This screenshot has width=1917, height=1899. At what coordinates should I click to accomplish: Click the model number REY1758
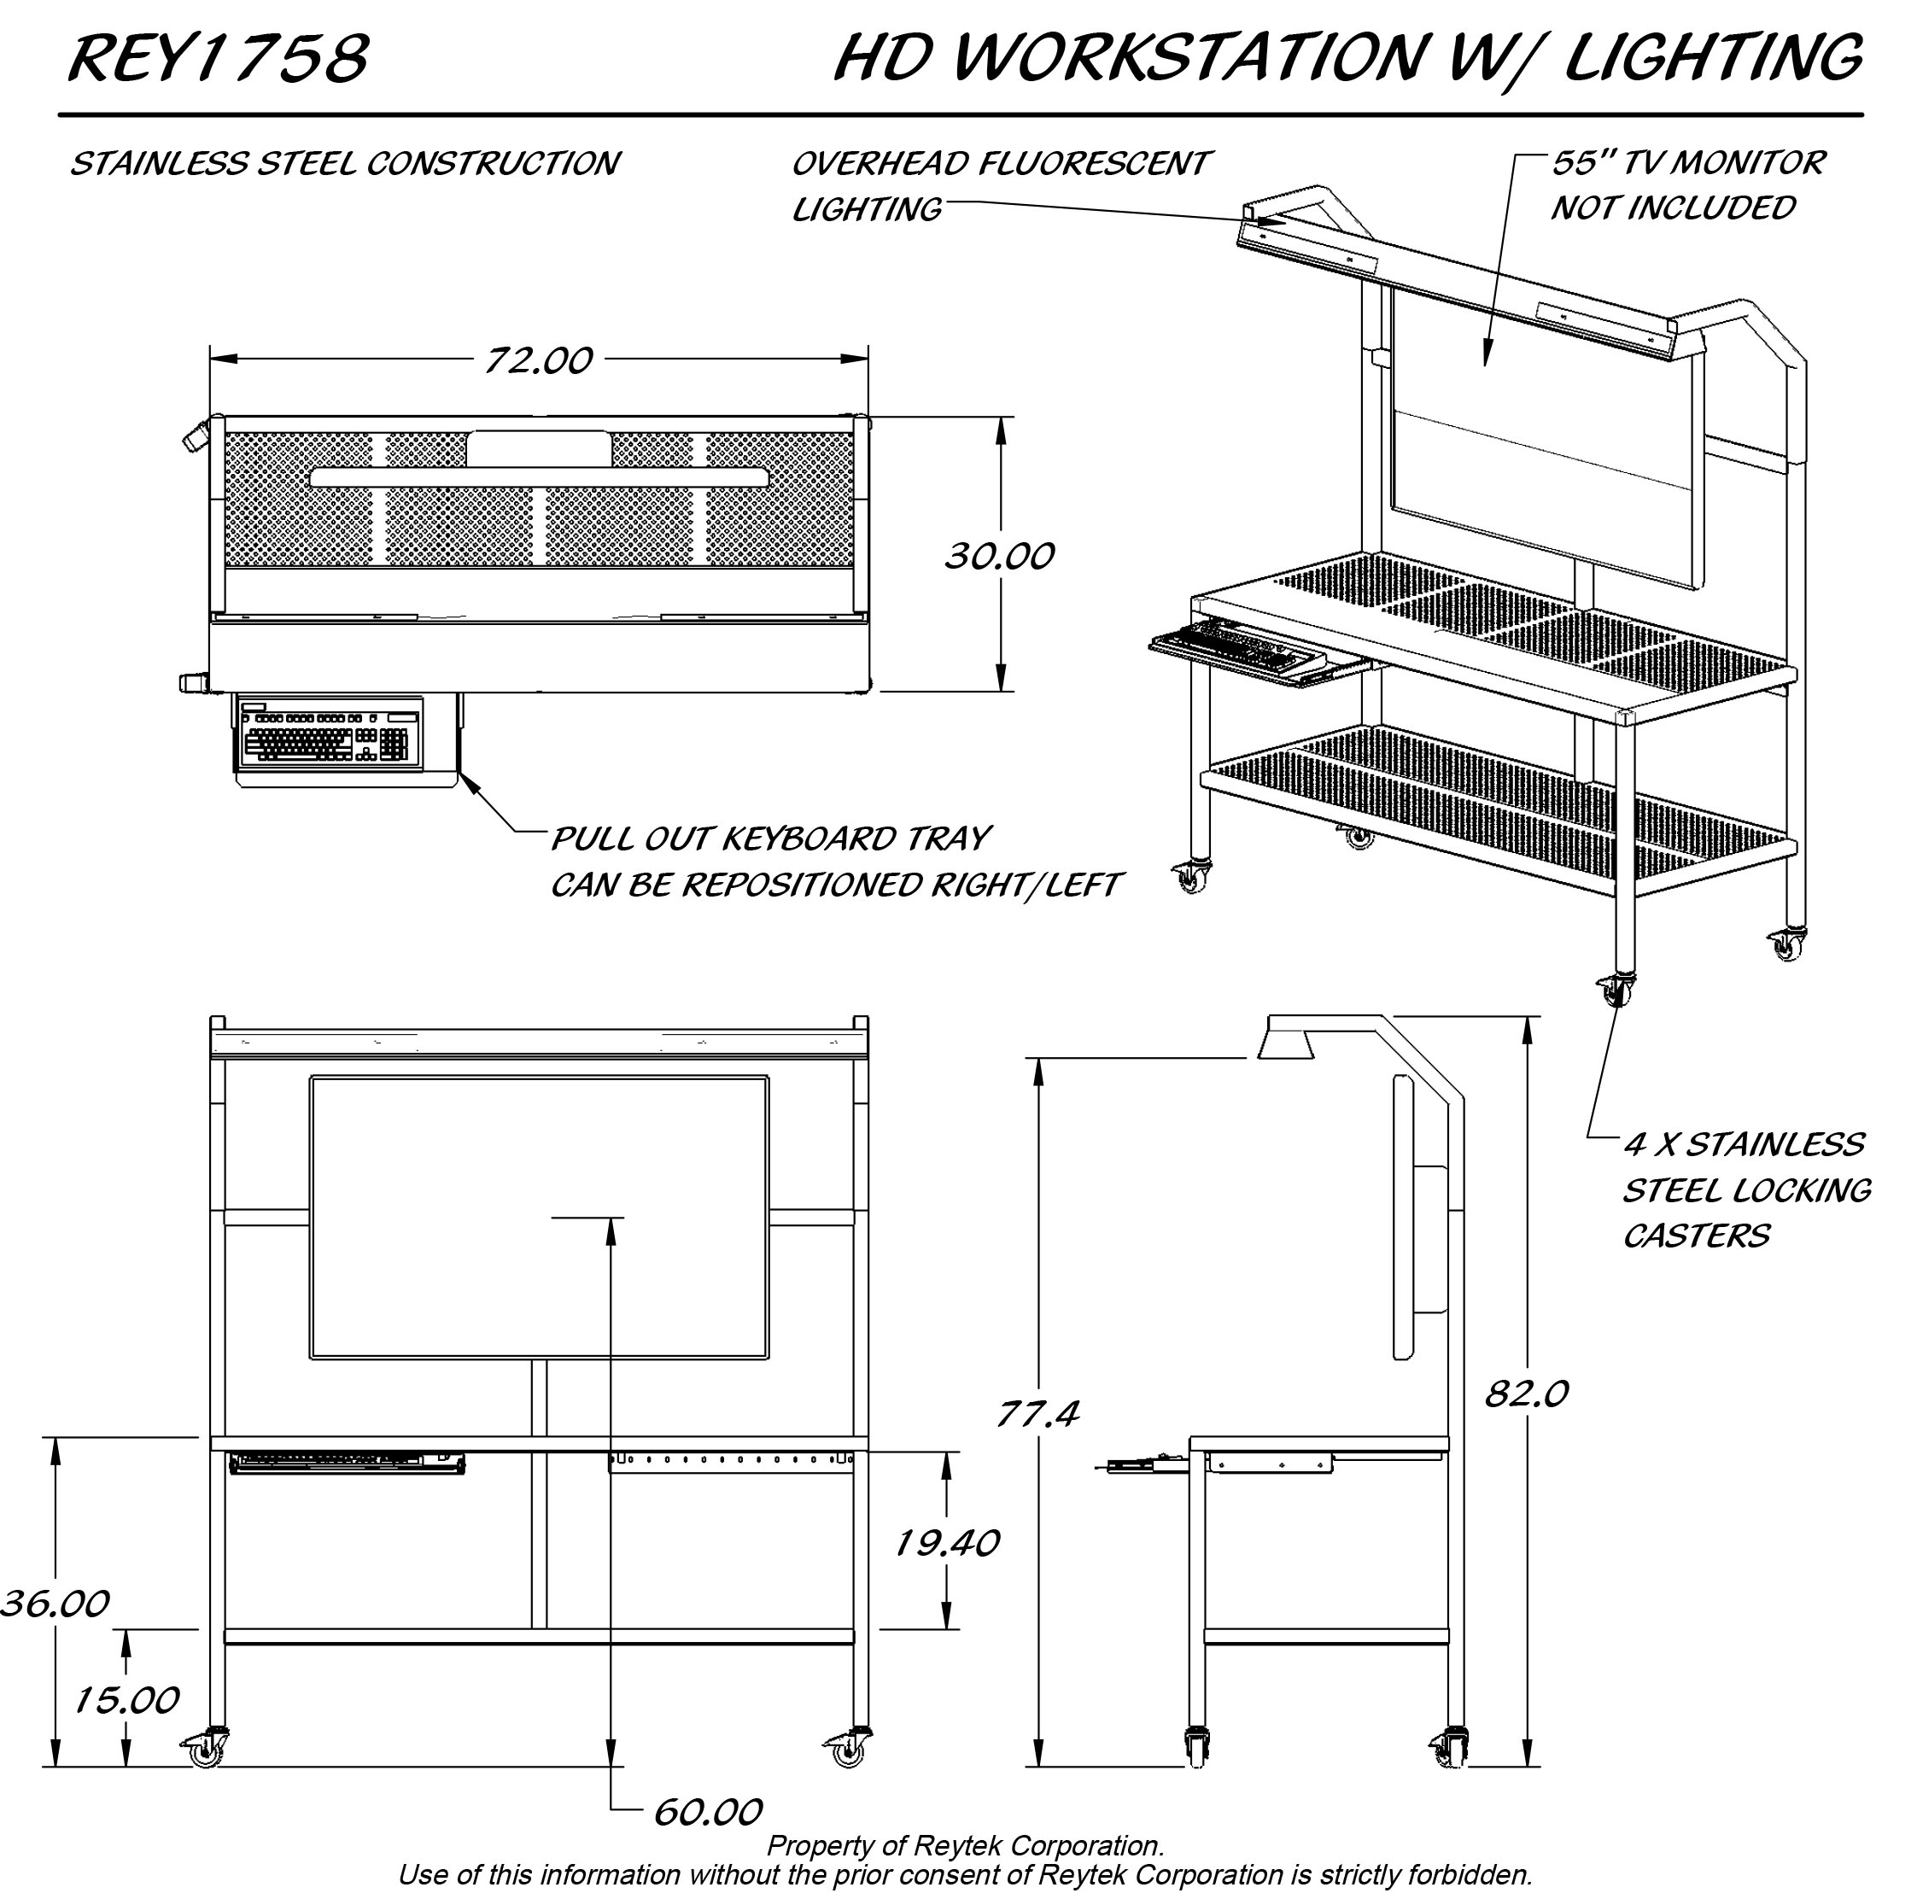click(219, 57)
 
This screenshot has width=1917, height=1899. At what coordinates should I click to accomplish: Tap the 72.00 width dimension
click(539, 360)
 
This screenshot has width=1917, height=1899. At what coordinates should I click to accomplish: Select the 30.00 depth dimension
click(999, 556)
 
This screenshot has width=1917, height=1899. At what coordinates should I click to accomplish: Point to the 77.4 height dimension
click(1037, 1413)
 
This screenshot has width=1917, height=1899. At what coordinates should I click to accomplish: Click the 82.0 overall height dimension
click(1526, 1395)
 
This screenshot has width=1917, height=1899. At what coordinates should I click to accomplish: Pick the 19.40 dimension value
click(947, 1543)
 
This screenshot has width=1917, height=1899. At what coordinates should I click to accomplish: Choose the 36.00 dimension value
click(55, 1604)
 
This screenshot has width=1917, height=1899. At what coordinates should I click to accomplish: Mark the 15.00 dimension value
click(126, 1699)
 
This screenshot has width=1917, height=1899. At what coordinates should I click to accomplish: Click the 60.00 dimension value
click(708, 1813)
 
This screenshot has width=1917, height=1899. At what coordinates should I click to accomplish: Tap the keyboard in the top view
click(329, 735)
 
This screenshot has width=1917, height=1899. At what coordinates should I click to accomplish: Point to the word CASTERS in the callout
click(1696, 1236)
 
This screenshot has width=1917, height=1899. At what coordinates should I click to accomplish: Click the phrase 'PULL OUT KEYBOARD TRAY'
click(770, 839)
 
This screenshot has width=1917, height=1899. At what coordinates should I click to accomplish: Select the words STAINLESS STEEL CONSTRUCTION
click(344, 164)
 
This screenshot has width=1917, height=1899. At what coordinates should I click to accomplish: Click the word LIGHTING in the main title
click(1713, 57)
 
